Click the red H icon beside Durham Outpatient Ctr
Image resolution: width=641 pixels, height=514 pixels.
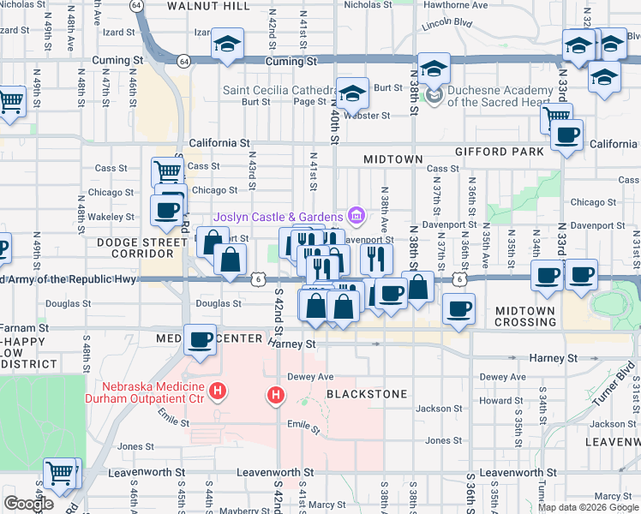click(219, 392)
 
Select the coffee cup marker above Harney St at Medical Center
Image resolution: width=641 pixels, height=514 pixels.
click(201, 339)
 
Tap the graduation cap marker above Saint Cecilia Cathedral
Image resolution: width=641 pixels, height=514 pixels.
click(352, 93)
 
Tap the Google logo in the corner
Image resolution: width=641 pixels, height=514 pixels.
click(28, 503)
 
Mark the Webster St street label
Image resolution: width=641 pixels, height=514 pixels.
click(367, 115)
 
